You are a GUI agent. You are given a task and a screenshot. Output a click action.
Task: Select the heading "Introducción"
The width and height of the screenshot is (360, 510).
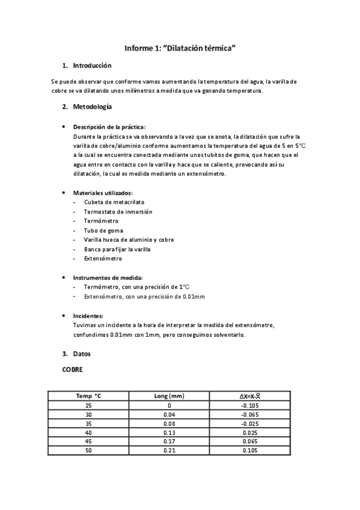[92, 66]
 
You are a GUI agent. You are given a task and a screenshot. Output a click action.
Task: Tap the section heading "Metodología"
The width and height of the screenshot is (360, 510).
[92, 107]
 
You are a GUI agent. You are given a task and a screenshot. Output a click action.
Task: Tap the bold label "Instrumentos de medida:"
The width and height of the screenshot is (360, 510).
[108, 278]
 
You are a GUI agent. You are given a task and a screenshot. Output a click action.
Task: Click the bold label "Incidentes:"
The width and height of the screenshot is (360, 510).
[88, 316]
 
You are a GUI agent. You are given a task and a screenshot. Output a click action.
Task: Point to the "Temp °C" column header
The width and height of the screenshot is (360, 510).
[89, 396]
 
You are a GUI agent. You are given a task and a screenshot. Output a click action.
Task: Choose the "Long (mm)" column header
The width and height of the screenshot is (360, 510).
[169, 396]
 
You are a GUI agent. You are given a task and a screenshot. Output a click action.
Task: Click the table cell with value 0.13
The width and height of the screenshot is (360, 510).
[169, 432]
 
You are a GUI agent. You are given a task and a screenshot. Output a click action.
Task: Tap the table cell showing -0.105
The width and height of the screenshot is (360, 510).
[249, 405]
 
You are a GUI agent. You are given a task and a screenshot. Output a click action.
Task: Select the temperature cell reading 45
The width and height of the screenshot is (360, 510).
[89, 441]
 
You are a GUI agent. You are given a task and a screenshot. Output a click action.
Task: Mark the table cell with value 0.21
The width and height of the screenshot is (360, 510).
[169, 450]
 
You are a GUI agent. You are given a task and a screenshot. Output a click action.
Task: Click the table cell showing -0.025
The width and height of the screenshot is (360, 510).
[249, 423]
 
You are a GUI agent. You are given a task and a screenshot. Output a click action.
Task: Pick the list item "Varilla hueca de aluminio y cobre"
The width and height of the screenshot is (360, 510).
[129, 239]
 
